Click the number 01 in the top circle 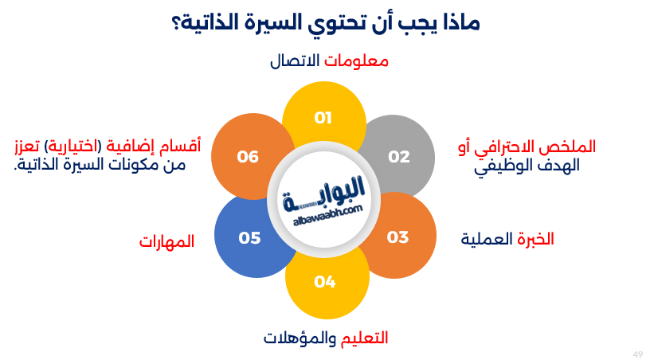coord(323,119)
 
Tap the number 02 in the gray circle coord(398,156)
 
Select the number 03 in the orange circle coord(397,237)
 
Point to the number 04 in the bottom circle coord(325,281)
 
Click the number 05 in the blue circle coord(249,237)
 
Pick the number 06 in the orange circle coord(249,156)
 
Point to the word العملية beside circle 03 coord(485,239)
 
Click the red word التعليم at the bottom coord(364,338)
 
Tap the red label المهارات coord(167,241)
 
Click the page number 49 coord(637,353)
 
